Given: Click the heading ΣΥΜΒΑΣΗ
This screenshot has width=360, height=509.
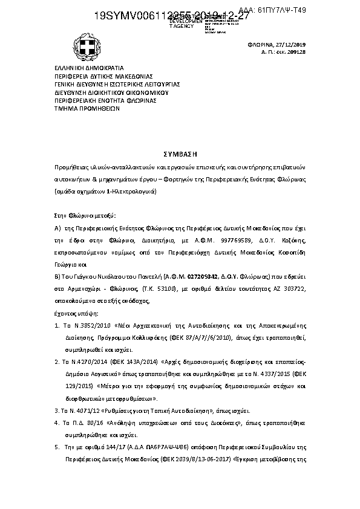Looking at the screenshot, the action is [x=180, y=154].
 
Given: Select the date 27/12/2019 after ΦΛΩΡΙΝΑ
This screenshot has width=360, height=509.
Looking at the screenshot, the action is [x=291, y=45].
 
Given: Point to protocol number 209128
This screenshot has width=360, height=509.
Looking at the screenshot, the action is [x=296, y=53].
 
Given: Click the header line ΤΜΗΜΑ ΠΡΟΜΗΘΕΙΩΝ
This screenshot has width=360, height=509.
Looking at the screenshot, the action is [x=87, y=109].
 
